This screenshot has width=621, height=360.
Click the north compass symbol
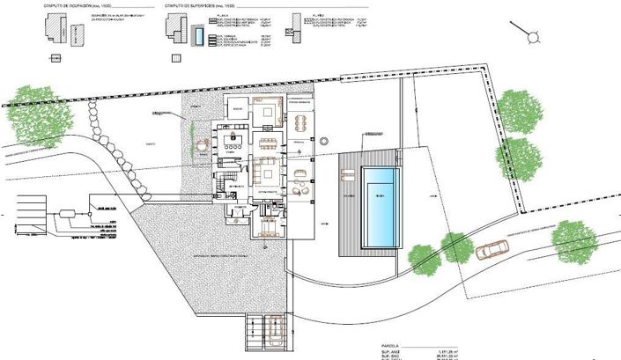pyautogui.click(x=534, y=34)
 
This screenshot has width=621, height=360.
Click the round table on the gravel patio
pyautogui.click(x=203, y=143)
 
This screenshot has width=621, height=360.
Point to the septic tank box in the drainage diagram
pyautogui.click(x=67, y=215)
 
